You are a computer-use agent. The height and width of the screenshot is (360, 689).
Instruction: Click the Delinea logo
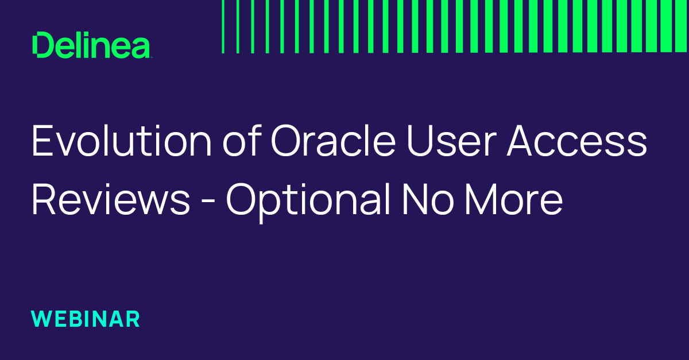pyautogui.click(x=91, y=45)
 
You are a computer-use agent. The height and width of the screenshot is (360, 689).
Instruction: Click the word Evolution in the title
pyautogui.click(x=122, y=141)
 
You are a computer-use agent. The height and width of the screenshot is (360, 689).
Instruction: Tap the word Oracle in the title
pyautogui.click(x=333, y=141)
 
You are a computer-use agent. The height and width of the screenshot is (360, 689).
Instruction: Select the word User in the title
pyautogui.click(x=451, y=141)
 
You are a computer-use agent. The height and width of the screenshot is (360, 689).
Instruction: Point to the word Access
pyautogui.click(x=577, y=141)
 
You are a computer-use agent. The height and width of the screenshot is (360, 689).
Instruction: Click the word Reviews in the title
pyautogui.click(x=111, y=199)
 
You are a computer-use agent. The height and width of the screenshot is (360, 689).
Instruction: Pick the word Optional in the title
pyautogui.click(x=308, y=202)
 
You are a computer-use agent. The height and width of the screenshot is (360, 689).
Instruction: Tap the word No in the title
pyautogui.click(x=428, y=199)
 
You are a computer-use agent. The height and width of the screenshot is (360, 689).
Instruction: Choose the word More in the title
pyautogui.click(x=514, y=199)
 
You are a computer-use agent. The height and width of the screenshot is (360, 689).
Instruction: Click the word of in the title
pyautogui.click(x=242, y=140)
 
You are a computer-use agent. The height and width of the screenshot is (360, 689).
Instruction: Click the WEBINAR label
pyautogui.click(x=86, y=319)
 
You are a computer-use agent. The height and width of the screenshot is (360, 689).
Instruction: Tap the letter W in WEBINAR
pyautogui.click(x=42, y=319)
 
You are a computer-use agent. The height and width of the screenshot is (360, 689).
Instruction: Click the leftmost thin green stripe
pyautogui.click(x=223, y=26)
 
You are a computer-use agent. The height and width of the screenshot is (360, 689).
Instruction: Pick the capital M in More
pyautogui.click(x=481, y=199)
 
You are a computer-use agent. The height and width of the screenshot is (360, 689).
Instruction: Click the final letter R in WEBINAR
pyautogui.click(x=133, y=319)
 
